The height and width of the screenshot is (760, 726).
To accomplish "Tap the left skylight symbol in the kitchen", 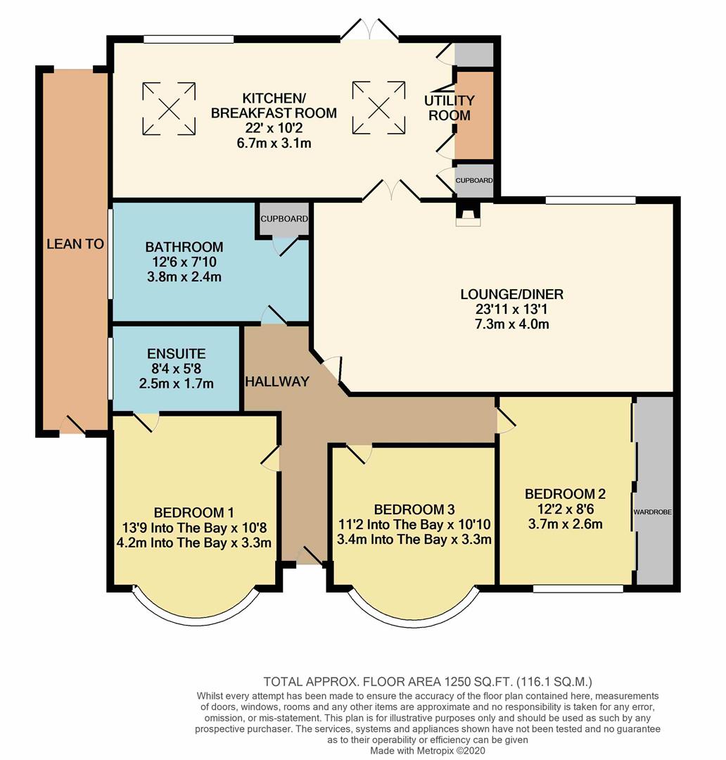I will (169, 108).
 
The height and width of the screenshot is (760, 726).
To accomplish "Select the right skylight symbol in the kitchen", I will (378, 108).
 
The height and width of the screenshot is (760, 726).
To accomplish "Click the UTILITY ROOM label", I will (449, 108).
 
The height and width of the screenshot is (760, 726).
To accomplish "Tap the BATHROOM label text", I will (184, 247).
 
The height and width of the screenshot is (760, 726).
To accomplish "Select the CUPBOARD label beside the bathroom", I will (284, 219).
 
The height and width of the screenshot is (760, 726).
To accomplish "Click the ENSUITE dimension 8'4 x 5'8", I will (176, 369).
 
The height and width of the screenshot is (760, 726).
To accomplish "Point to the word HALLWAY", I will (277, 382).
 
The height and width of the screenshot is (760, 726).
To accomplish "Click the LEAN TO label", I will (75, 244).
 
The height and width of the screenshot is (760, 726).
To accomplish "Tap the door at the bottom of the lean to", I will (73, 425).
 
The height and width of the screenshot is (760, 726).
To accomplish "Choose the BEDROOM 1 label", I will (193, 512).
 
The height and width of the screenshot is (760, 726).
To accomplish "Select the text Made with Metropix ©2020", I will (428, 750).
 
